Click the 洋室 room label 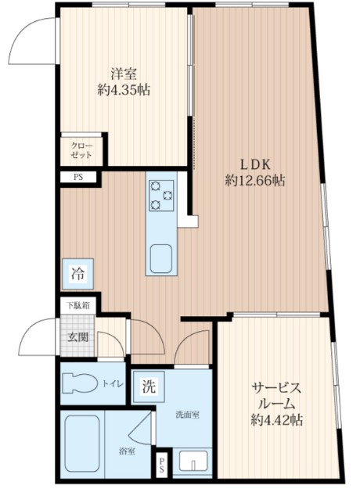pos(124,74)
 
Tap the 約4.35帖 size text pos(124,90)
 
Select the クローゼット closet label pos(81,150)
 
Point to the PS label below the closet pos(77,178)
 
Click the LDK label pos(255,164)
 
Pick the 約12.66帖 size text pos(255,181)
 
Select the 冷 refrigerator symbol pos(78,274)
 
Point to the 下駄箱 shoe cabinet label pos(77,306)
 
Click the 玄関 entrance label pos(77,337)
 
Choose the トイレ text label pos(111,384)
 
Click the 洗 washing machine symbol pos(148,385)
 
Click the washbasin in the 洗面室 pos(192,459)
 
